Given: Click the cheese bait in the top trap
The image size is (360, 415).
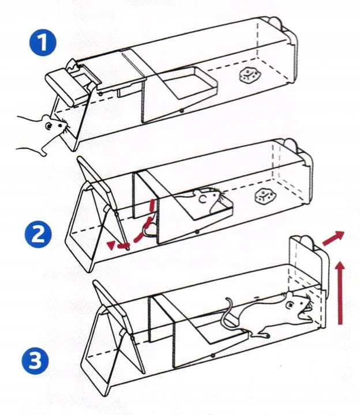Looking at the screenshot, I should (x=249, y=73).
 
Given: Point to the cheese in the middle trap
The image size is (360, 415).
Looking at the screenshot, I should (x=265, y=197).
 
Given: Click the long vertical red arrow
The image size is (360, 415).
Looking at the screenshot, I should (x=339, y=291).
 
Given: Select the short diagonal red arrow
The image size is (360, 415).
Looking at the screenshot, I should (x=334, y=237).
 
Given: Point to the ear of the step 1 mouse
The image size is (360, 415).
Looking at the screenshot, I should (x=45, y=119).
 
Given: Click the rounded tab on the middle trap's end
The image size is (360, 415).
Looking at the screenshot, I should (x=287, y=145).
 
